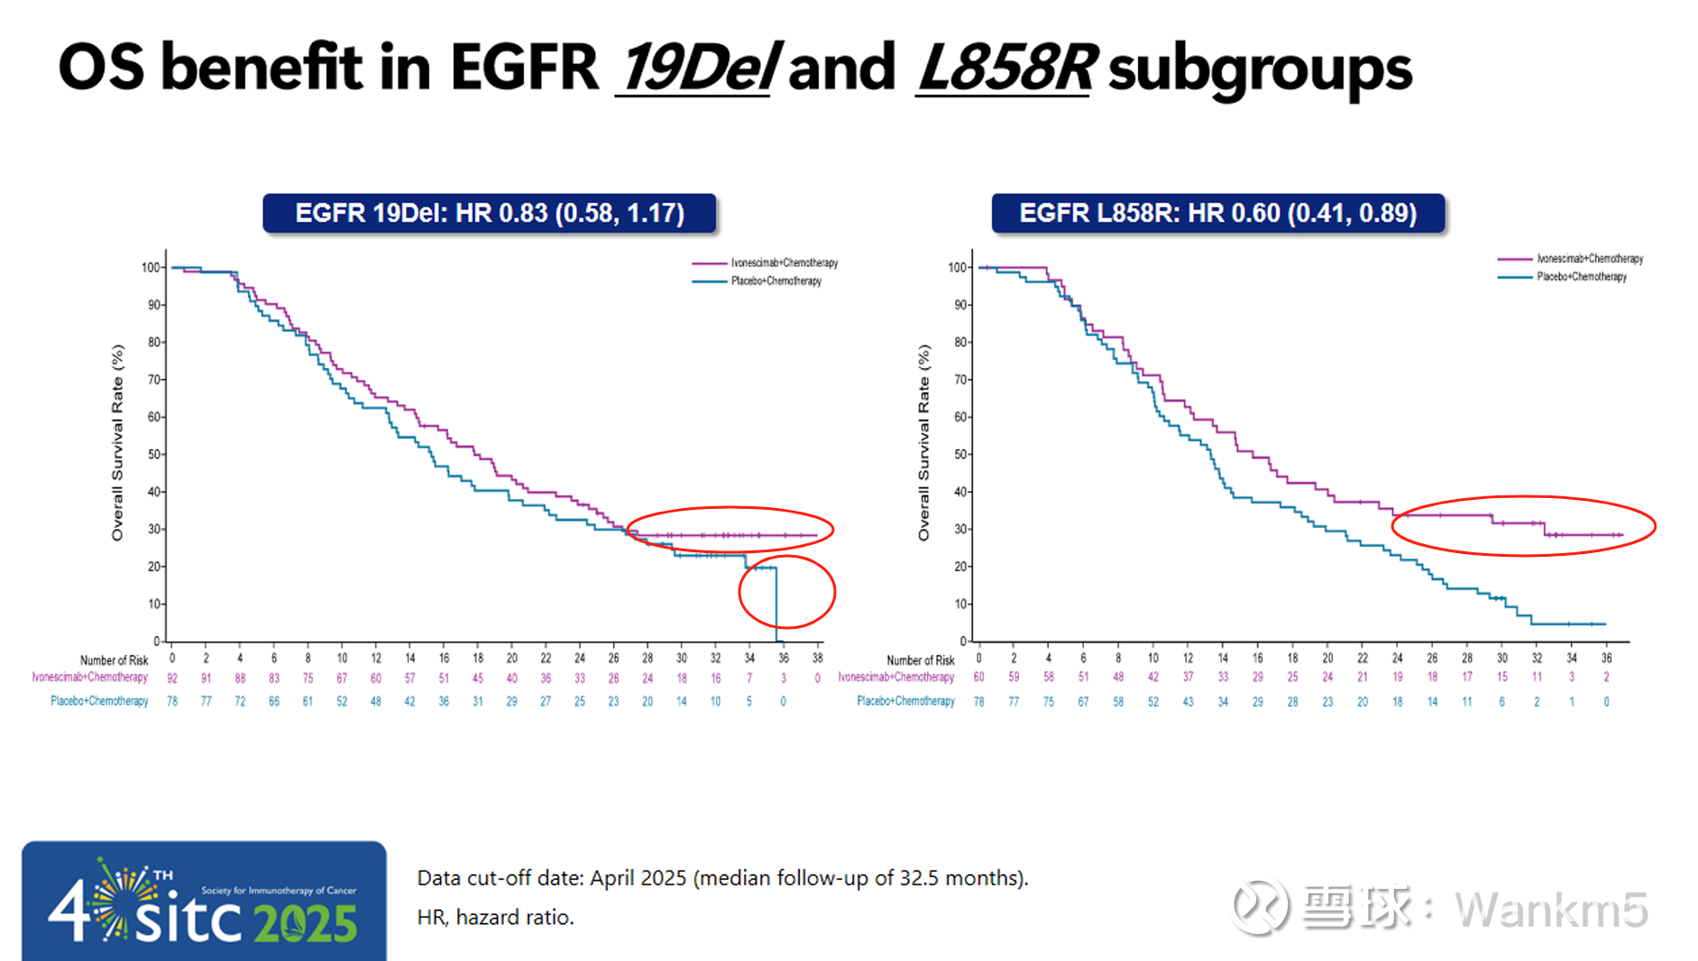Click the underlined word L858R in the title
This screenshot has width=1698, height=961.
point(1005,69)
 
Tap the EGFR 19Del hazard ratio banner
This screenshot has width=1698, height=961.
point(490,214)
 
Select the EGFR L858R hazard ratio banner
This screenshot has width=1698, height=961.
point(1217,214)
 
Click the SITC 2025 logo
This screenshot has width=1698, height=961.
point(204,902)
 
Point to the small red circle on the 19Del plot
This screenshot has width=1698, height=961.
point(787,592)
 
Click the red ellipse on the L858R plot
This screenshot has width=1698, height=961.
point(1523,525)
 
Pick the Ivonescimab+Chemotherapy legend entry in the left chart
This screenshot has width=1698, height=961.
point(766,263)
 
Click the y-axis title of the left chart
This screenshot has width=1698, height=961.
point(117,442)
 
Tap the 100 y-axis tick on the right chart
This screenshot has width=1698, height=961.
point(957,267)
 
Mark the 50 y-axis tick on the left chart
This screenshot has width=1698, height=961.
point(154,454)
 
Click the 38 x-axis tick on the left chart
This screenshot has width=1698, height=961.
point(818,658)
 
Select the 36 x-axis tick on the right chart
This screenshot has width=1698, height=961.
point(1606,658)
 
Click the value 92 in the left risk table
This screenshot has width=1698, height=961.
point(172,679)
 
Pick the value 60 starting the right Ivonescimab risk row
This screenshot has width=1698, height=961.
point(978,677)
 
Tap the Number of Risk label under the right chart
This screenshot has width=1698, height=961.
point(920,661)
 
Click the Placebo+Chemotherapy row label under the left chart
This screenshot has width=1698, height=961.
point(99,701)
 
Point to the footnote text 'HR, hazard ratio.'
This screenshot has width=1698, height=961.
point(495,918)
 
